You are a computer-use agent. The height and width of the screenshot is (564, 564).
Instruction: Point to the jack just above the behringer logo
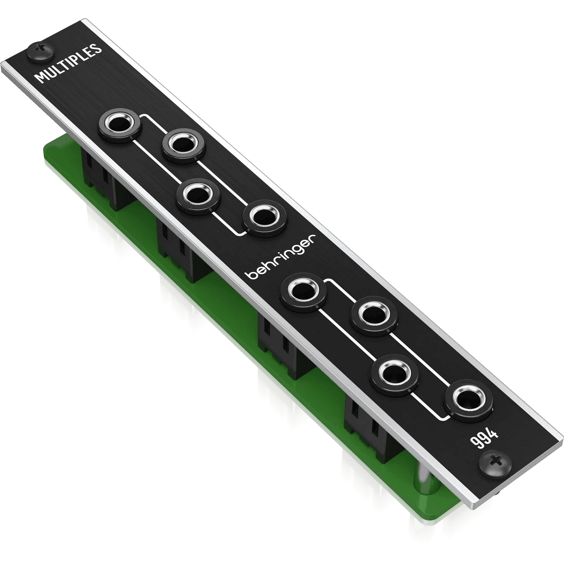click(265, 217)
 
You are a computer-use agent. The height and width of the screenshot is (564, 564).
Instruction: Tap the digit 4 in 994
click(493, 434)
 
